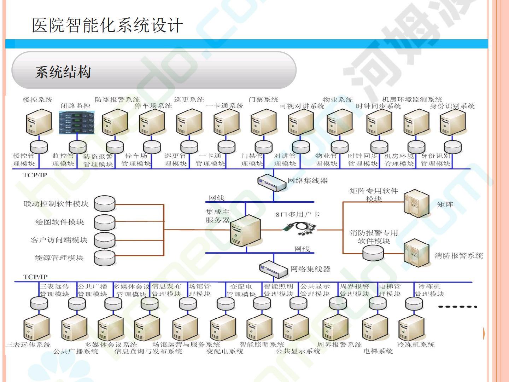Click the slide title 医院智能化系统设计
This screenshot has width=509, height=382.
click(107, 25)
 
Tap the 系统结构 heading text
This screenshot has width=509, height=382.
click(63, 72)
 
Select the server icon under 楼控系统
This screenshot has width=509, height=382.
click(39, 122)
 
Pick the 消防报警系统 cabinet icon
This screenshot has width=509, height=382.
click(416, 252)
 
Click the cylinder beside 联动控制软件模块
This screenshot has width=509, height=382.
click(105, 204)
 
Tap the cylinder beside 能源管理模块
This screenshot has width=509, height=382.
click(105, 258)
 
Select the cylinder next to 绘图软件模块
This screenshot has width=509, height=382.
click(105, 222)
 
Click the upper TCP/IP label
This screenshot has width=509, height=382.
click(35, 175)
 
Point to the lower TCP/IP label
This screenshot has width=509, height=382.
click(35, 277)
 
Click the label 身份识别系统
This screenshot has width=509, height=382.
click(452, 106)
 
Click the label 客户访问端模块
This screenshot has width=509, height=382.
click(59, 240)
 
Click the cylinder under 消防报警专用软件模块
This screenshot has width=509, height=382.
click(373, 252)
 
